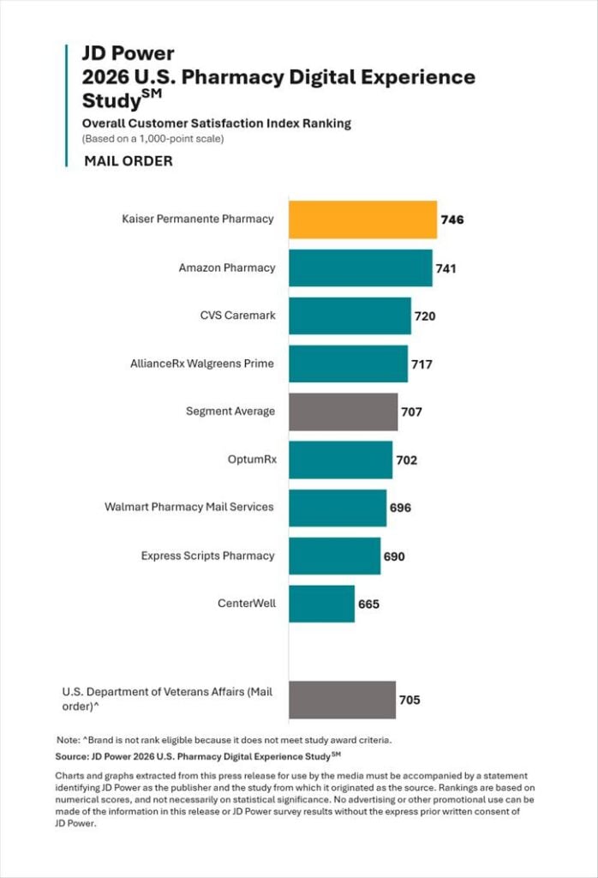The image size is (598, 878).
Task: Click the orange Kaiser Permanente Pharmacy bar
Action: (363, 219)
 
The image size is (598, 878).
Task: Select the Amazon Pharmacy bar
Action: (361, 268)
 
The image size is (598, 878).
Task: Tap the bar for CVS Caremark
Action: (350, 316)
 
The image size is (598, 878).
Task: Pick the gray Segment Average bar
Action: (344, 412)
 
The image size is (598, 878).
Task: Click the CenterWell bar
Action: (321, 604)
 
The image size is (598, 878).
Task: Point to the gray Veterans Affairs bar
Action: (343, 700)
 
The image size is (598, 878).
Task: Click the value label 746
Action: (452, 219)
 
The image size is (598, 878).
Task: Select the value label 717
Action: (422, 364)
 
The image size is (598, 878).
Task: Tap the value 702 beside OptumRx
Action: (407, 460)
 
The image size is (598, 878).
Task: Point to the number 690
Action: (394, 556)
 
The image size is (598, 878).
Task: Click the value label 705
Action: (410, 700)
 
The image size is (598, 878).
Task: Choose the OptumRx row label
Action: (252, 460)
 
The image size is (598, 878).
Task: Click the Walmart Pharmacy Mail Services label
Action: (189, 507)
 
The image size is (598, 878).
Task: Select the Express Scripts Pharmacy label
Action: (207, 556)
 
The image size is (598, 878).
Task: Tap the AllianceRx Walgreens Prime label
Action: (202, 364)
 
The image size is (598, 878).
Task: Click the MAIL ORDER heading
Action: (129, 161)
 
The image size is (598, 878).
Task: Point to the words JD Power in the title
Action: (129, 53)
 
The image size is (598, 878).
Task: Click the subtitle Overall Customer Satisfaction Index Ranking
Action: (217, 123)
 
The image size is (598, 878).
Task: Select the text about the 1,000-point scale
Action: (152, 138)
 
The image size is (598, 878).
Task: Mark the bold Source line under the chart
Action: (198, 756)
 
